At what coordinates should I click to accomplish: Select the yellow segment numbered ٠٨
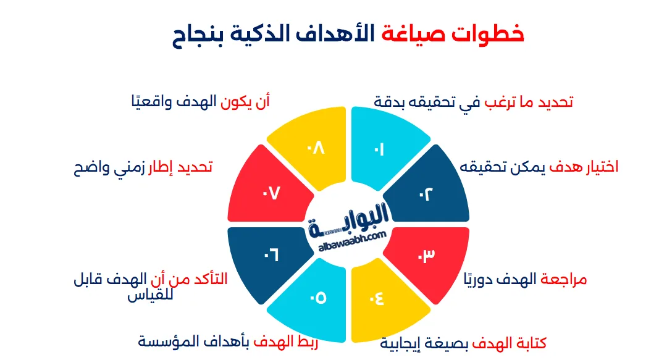tap(315, 148)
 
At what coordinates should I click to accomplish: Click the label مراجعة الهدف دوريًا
tap(525, 279)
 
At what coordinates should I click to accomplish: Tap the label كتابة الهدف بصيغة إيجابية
tap(463, 343)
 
